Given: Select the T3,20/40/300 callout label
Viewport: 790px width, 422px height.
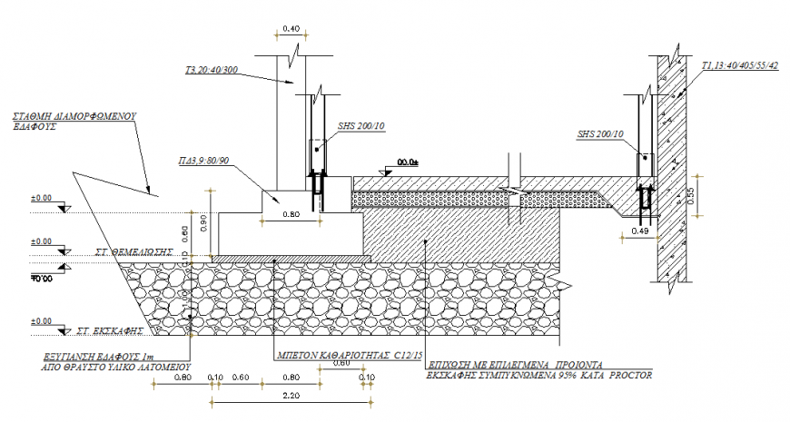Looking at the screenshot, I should click(x=212, y=69).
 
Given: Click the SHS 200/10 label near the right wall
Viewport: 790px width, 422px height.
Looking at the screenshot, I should click(x=600, y=135).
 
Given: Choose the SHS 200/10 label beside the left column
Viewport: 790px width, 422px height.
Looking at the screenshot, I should click(x=359, y=127).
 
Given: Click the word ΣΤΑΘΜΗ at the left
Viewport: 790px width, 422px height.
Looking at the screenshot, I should click(x=34, y=117).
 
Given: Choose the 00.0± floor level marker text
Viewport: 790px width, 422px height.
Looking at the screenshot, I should click(x=408, y=162).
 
